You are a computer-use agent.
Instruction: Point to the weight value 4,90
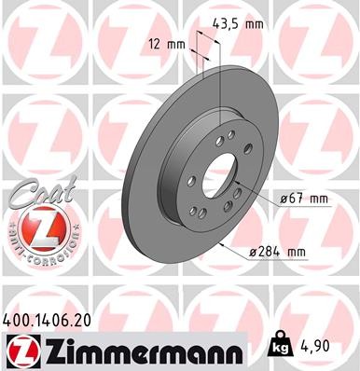pos(316,346)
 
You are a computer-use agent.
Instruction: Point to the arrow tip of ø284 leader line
pos(225,241)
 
